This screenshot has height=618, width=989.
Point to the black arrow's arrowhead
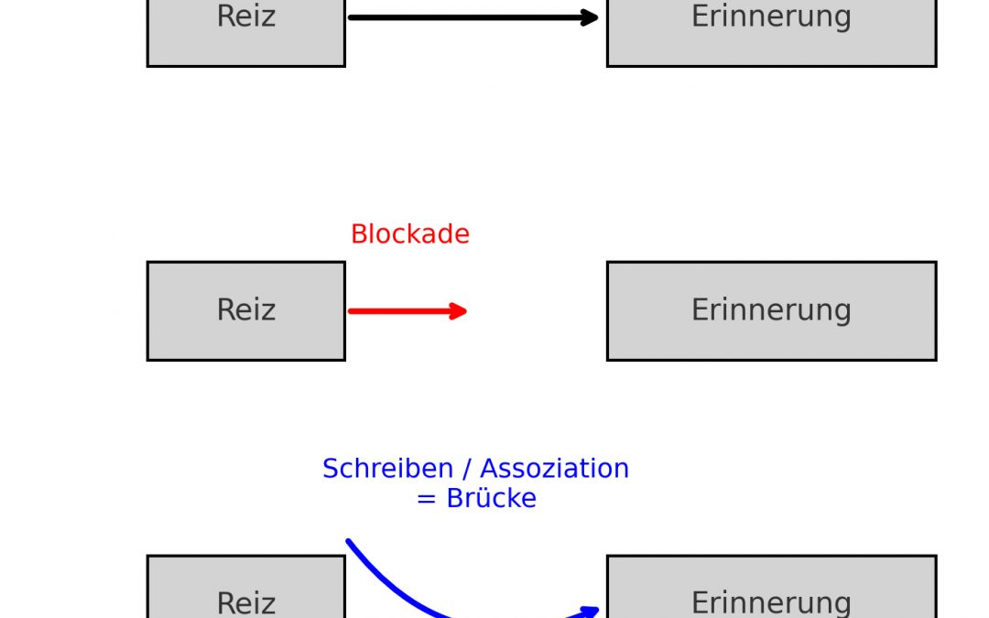(590, 17)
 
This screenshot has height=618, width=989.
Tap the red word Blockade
(409, 234)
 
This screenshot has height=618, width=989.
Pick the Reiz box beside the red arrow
(245, 310)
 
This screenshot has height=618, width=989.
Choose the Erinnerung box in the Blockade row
(771, 310)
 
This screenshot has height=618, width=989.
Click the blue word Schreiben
(388, 469)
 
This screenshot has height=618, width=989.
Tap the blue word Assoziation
(555, 469)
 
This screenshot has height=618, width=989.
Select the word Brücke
(491, 499)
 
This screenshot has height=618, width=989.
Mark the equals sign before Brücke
(426, 500)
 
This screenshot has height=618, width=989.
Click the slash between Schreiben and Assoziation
(467, 469)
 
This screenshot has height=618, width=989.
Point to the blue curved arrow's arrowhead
(590, 610)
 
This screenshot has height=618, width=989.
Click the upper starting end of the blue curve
(350, 543)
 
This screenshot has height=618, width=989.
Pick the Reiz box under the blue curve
(245, 591)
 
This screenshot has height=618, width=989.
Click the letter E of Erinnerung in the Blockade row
(700, 310)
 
